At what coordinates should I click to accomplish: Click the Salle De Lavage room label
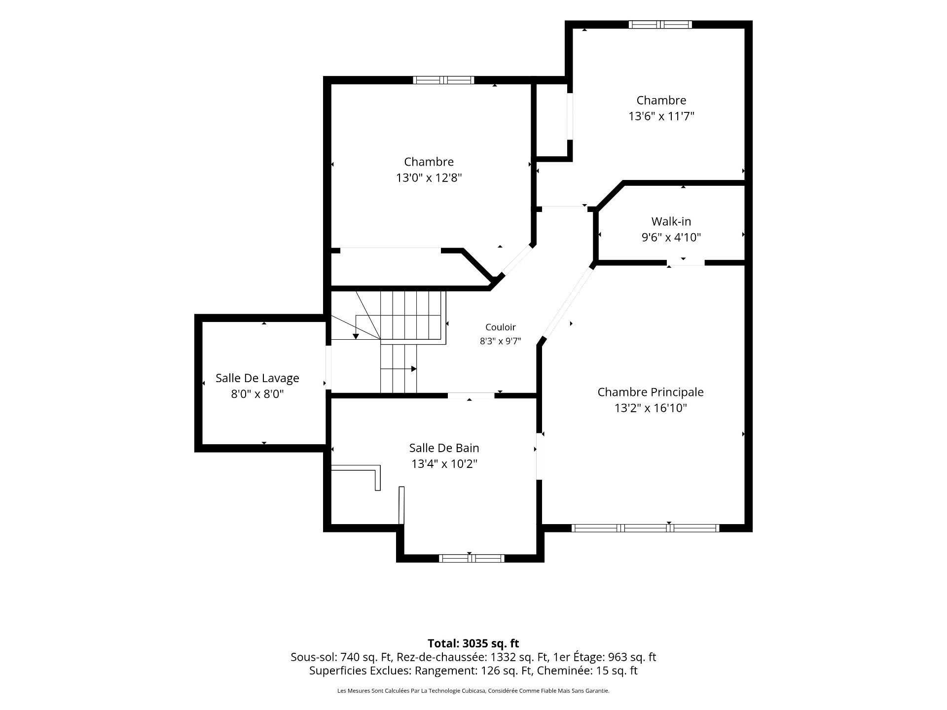[x=257, y=378]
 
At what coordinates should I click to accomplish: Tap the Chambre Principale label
[x=651, y=392]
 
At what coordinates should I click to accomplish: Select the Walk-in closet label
[x=671, y=221]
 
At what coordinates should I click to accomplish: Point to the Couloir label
[x=501, y=327]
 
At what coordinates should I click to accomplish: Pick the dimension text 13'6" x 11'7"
[x=661, y=116]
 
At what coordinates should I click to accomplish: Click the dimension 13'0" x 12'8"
[x=429, y=177]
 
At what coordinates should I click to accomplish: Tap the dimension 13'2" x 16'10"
[x=651, y=408]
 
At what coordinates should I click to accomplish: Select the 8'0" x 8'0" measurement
[x=257, y=394]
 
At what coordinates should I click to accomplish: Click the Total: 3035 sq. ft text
[x=473, y=643]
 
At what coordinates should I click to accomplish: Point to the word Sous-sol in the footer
[x=311, y=657]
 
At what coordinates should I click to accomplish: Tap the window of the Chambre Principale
[x=645, y=528]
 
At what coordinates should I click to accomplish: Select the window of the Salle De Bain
[x=472, y=558]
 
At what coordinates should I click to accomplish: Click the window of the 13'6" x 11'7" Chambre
[x=660, y=25]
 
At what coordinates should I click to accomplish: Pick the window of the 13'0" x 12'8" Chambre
[x=443, y=80]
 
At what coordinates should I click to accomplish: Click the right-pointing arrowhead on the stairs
[x=414, y=369]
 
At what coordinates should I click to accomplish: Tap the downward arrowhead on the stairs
[x=356, y=336]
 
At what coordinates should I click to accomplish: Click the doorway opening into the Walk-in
[x=686, y=263]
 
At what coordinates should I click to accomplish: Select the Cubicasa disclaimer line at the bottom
[x=473, y=691]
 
